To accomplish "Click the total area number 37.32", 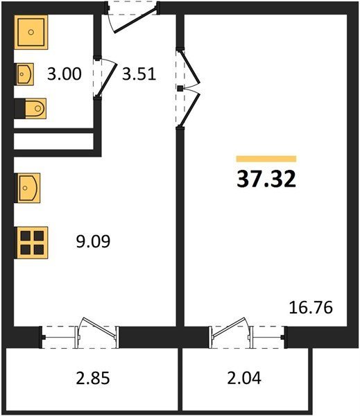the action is (x=266, y=179).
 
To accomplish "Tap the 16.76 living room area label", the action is (x=311, y=307).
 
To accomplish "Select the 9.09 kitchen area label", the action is (x=93, y=241).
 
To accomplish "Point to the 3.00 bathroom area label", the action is (x=65, y=73).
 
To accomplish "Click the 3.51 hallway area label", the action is (x=139, y=73).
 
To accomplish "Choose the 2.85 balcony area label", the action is (x=93, y=378).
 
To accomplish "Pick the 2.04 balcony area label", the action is (x=244, y=378).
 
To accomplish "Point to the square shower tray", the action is (x=31, y=33).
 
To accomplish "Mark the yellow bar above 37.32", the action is (x=266, y=159).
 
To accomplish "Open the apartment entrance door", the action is (x=135, y=21).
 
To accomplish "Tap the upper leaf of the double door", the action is (x=190, y=67).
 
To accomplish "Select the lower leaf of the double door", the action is (x=190, y=110).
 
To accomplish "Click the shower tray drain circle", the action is (x=31, y=32).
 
